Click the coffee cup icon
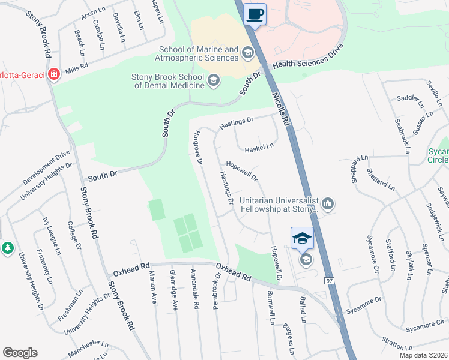255,14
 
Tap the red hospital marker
54,74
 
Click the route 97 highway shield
329,281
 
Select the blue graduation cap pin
302,238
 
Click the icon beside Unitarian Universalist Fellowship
328,205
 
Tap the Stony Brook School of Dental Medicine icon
213,81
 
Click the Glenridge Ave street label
173,290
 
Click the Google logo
20,353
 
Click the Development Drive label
46,167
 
